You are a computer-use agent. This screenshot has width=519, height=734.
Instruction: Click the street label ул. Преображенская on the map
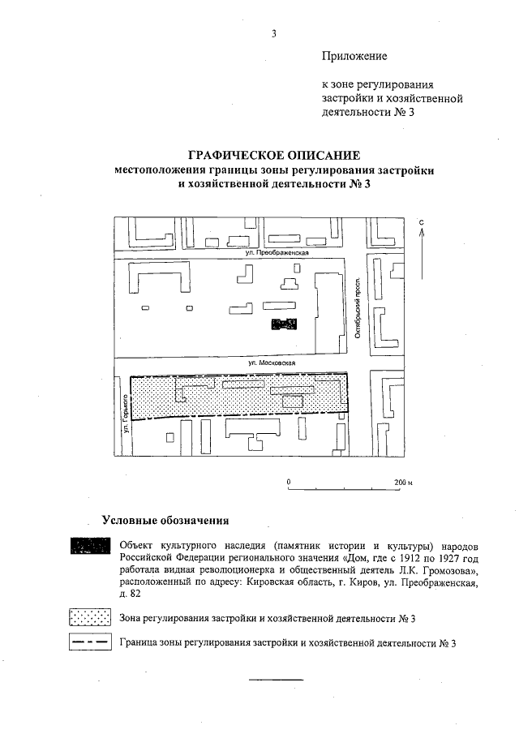[280, 254]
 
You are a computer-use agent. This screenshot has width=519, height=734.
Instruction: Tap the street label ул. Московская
[272, 363]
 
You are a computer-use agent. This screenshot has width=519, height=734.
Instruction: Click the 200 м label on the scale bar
[403, 482]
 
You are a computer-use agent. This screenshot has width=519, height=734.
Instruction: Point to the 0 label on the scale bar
[289, 482]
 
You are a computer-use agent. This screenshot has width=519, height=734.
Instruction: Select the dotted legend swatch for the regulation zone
[90, 619]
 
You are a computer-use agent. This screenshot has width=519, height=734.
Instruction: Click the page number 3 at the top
[274, 33]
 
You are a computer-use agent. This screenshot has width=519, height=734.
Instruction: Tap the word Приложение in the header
[354, 57]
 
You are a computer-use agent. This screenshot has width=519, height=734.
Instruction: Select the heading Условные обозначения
[165, 520]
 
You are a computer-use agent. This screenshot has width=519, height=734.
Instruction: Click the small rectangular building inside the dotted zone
[294, 401]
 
